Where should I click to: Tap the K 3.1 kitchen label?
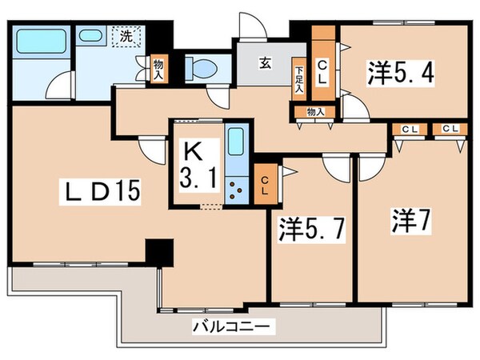tap(195, 164)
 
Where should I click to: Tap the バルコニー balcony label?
tap(233, 326)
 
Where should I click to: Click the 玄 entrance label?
tap(263, 62)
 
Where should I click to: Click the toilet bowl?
tap(202, 67)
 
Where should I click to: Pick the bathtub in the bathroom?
tap(42, 41)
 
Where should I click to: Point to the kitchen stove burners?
tap(236, 189)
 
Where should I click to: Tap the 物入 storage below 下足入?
tap(315, 112)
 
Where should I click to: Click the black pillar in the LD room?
tap(157, 254)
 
